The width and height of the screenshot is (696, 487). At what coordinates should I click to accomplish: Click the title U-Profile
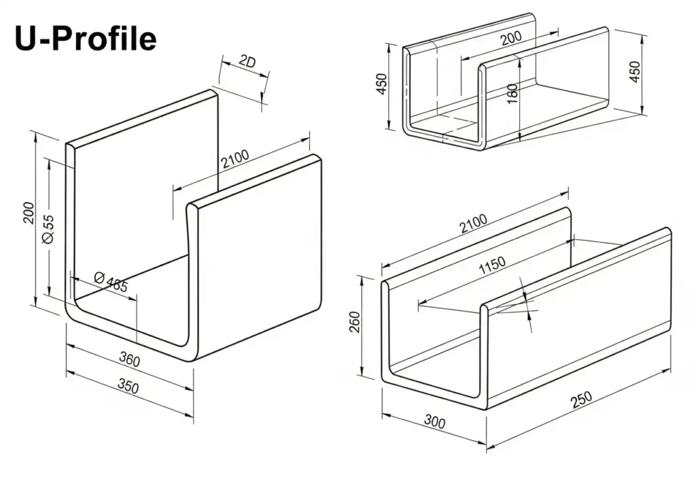pyautogui.click(x=86, y=39)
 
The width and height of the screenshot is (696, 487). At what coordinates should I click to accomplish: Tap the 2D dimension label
pyautogui.click(x=247, y=61)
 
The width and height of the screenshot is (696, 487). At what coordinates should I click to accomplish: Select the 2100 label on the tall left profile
pyautogui.click(x=235, y=159)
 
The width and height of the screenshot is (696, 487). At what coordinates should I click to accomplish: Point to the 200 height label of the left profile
pyautogui.click(x=29, y=213)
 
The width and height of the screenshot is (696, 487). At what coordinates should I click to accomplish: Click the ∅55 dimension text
pyautogui.click(x=48, y=229)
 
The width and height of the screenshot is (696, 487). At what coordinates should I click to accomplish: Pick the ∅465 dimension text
pyautogui.click(x=111, y=282)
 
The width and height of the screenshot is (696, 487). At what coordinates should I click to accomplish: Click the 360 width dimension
pyautogui.click(x=130, y=359)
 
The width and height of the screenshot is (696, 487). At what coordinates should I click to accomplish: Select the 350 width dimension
pyautogui.click(x=128, y=386)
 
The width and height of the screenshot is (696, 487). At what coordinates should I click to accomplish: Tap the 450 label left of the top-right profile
pyautogui.click(x=381, y=84)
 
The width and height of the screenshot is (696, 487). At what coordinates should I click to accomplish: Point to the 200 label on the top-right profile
pyautogui.click(x=511, y=38)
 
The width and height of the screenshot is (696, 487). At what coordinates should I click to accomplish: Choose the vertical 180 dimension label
pyautogui.click(x=512, y=94)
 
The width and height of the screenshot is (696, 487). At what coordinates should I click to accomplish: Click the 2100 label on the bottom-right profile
pyautogui.click(x=473, y=223)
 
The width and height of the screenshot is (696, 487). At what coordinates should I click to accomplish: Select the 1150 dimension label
pyautogui.click(x=492, y=265)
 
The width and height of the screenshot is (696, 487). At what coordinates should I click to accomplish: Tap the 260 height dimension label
pyautogui.click(x=355, y=322)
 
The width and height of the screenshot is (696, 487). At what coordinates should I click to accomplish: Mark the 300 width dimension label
pyautogui.click(x=434, y=422)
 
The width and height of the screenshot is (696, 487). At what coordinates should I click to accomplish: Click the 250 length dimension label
pyautogui.click(x=581, y=399)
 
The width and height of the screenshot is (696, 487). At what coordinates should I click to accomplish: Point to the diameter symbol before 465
pyautogui.click(x=99, y=278)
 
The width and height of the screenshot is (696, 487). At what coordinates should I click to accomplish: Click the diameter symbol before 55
pyautogui.click(x=48, y=238)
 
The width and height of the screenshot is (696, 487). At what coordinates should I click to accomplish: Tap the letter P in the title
pyautogui.click(x=65, y=39)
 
